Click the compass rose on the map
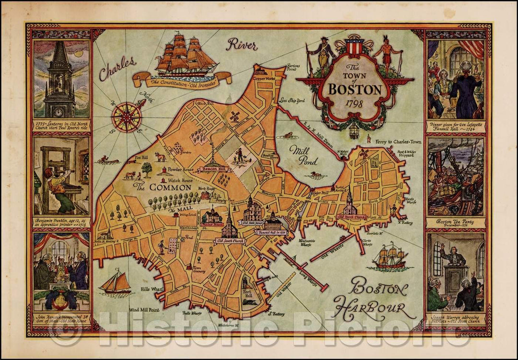click(127, 117)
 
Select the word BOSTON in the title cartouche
click(355, 89)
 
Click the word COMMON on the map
click(165, 187)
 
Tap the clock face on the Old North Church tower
click(59, 112)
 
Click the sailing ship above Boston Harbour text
click(389, 256)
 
